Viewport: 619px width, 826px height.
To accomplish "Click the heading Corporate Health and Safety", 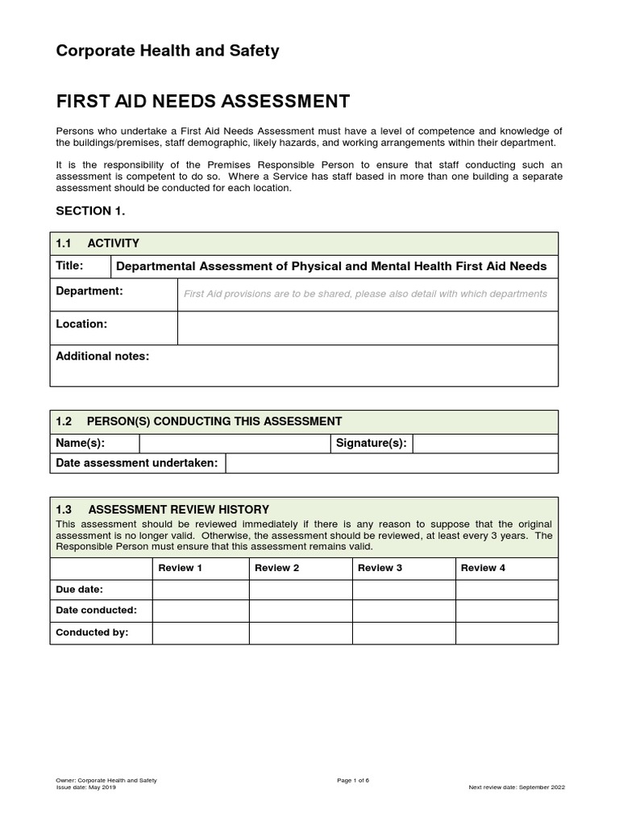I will [167, 51].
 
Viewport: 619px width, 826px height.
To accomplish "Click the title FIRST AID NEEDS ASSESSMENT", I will [202, 102].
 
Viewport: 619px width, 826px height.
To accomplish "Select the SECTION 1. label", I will [90, 211].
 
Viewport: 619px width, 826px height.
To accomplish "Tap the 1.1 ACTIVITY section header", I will [98, 243].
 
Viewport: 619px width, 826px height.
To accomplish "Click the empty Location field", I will [368, 327].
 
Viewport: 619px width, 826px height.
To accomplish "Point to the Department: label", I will [89, 291].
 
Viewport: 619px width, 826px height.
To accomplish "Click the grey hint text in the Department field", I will [365, 294].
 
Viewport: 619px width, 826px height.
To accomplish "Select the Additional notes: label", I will [102, 357].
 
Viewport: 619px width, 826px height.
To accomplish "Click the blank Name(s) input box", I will [235, 444].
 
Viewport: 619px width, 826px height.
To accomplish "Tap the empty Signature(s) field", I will [484, 444].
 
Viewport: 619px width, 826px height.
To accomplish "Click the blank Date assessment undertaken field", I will [391, 463].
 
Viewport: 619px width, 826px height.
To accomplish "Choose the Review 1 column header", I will [180, 568].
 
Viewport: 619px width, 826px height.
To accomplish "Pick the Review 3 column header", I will [380, 568].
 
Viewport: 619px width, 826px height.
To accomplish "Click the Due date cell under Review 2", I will [301, 590].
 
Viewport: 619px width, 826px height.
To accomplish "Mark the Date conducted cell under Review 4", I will [507, 611].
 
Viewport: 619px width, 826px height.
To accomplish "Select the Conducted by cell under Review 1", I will [201, 633].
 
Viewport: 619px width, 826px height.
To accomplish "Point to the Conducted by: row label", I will [92, 632].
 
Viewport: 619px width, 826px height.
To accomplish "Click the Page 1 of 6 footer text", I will [353, 780].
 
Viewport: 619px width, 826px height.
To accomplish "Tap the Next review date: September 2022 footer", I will [517, 786].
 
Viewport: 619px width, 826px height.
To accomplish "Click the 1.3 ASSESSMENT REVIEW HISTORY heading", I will [162, 510].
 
